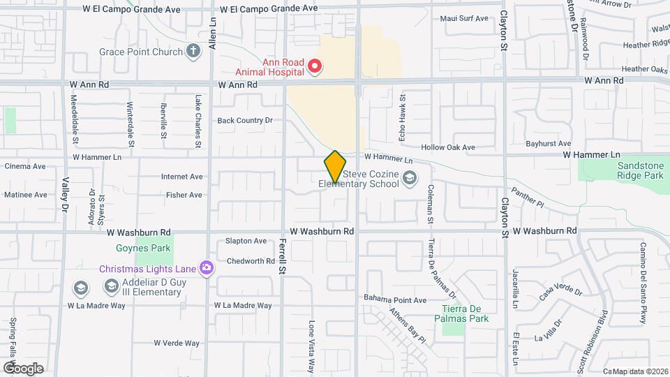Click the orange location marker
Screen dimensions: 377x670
(335, 167)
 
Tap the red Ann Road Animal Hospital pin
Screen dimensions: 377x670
(315, 66)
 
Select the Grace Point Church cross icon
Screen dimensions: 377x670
(193, 51)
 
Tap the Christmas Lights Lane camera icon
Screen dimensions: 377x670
(206, 268)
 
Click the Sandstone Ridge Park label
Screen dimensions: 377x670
(640, 171)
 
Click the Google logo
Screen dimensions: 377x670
(23, 368)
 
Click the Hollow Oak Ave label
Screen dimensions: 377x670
(448, 147)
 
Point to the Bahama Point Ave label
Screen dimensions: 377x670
(395, 300)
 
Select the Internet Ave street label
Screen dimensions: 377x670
(181, 177)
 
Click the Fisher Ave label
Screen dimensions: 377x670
(184, 195)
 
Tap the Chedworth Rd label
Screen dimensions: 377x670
(251, 261)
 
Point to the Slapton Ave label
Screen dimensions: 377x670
(246, 242)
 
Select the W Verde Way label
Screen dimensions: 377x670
(177, 343)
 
